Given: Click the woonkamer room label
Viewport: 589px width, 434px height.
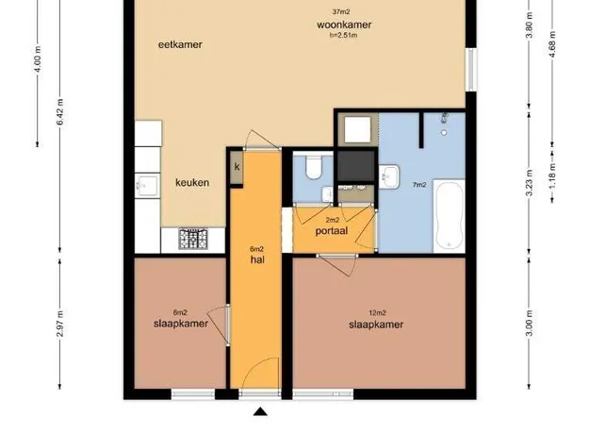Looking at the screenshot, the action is (x=344, y=25).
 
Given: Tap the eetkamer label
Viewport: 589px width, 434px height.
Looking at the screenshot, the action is (x=180, y=44).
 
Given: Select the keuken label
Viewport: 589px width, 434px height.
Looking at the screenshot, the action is (x=192, y=183).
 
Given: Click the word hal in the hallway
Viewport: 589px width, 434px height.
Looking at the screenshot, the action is (x=257, y=259).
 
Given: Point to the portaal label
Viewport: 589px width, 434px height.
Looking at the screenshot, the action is (x=332, y=231).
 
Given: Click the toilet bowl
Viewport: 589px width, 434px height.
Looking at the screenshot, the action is (x=314, y=168).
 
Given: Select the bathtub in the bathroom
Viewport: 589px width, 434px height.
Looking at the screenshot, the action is (x=449, y=215).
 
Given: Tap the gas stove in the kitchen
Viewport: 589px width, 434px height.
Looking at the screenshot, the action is (x=193, y=239).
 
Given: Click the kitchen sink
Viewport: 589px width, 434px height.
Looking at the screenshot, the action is (x=147, y=186).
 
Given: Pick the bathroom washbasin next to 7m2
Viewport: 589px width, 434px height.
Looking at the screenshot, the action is (x=389, y=176).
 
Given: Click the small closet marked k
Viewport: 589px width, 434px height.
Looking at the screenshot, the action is (x=237, y=167).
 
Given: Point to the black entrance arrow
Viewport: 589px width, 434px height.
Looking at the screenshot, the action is (x=260, y=411).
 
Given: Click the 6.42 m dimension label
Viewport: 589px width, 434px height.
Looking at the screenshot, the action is (x=60, y=112).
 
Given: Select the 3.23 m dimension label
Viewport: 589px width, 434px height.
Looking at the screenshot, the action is (x=529, y=183).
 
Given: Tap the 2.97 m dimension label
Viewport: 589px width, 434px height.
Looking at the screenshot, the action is (x=59, y=325).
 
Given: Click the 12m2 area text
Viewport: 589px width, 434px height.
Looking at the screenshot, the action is (x=378, y=313).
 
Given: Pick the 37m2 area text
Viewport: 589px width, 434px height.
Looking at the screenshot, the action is (x=341, y=12).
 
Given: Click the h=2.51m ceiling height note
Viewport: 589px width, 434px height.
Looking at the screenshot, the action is (x=343, y=35).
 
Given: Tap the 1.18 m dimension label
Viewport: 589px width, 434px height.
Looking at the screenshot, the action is (x=552, y=176).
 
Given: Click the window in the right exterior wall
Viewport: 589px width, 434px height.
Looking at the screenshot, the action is (x=471, y=70).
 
